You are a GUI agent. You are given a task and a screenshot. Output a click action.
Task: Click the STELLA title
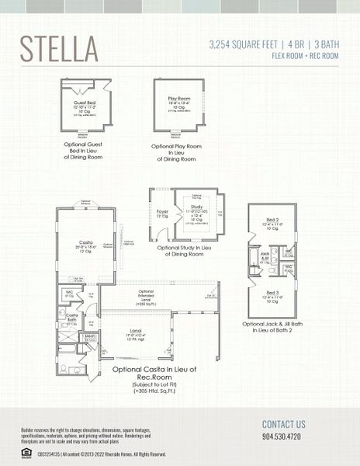pyautogui.click(x=59, y=47)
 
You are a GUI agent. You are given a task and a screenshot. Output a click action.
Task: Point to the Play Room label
pyautogui.click(x=178, y=99)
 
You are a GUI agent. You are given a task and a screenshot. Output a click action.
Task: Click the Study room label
pyautogui.click(x=196, y=207)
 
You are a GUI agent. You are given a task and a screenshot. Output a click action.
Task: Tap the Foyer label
pyautogui.click(x=162, y=210)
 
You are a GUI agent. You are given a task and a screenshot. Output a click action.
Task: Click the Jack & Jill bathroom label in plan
pyautogui.click(x=265, y=255)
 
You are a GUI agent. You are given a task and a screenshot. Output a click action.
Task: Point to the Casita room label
pyautogui.click(x=85, y=242)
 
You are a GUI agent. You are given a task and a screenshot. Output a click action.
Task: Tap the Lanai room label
pyautogui.click(x=136, y=330)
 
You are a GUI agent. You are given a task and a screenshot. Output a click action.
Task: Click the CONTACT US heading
pyautogui.click(x=284, y=424)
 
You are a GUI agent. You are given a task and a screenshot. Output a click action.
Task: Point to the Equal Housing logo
pyautogui.click(x=26, y=452)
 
